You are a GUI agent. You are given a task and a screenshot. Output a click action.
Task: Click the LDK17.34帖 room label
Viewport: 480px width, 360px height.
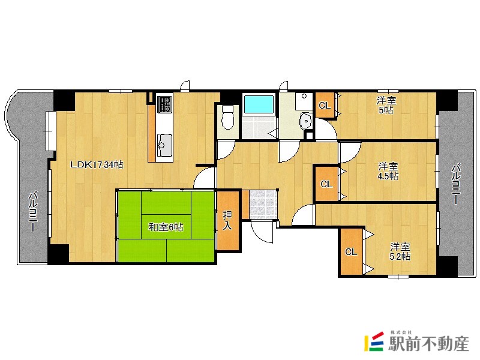(97, 164)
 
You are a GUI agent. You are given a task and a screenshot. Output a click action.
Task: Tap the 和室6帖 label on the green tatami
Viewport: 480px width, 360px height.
(166, 227)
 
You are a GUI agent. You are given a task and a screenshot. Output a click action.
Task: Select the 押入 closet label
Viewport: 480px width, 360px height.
(227, 220)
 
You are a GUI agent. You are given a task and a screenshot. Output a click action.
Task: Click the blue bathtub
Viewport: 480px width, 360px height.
(259, 104)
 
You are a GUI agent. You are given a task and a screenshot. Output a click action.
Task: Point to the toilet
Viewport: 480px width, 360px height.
(227, 117)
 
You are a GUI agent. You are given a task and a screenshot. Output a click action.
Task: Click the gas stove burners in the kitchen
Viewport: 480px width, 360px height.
(164, 104)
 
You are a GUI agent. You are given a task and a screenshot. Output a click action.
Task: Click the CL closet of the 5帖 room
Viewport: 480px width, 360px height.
(325, 105)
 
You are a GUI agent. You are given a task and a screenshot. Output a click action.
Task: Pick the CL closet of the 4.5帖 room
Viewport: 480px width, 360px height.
(326, 184)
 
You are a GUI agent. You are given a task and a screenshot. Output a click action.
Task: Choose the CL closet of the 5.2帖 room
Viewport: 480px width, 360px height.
(352, 251)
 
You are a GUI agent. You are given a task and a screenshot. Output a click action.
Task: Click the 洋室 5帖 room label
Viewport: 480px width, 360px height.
(386, 105)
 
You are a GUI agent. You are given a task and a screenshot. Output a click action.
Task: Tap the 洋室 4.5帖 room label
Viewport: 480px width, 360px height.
(388, 171)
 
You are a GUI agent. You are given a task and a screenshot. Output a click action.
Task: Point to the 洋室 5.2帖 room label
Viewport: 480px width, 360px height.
(400, 251)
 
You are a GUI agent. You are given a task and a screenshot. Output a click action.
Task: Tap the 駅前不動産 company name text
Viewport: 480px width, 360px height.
(428, 344)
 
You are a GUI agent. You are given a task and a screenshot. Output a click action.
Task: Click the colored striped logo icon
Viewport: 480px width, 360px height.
(374, 341)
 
